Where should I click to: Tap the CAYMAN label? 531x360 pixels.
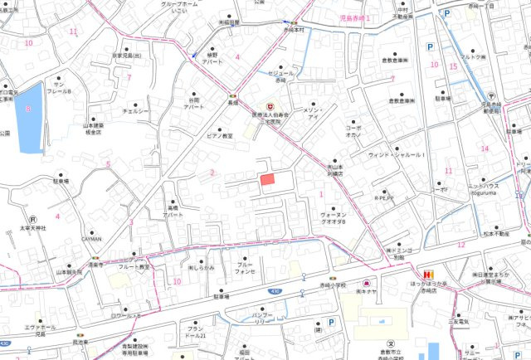click(x=90, y=238)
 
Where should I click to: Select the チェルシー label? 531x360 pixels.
click(x=135, y=110)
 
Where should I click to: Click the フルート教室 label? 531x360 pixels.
click(x=155, y=267)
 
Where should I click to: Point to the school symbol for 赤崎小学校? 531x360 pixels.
click(x=386, y=342)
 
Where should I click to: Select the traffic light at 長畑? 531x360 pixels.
click(x=235, y=93)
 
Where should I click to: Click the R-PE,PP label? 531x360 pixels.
click(x=385, y=199)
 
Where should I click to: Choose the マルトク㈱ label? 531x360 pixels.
click(x=472, y=57)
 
